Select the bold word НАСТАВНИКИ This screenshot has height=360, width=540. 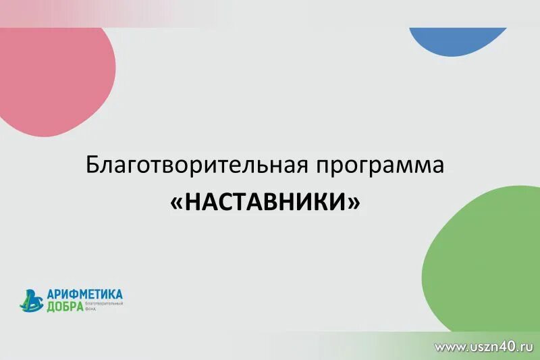pos(265,201)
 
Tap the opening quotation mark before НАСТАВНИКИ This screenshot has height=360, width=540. pos(175,202)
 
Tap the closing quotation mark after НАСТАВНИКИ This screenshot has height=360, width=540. pos(353,202)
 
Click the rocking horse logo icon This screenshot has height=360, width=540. pos(31,300)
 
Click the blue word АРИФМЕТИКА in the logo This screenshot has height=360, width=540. pos(84,294)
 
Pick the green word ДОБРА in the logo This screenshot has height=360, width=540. pos(65,307)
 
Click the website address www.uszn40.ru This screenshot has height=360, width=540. pos(484,346)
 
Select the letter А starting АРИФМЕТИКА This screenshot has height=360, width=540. pos(51,294)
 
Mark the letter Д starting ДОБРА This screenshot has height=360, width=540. pos(51,307)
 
